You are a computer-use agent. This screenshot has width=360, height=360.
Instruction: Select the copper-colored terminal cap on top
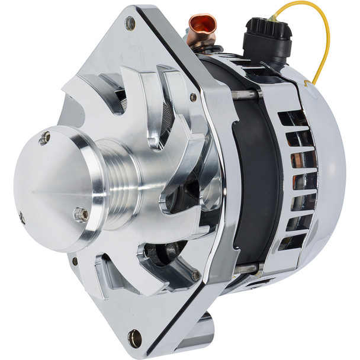tap(202, 27)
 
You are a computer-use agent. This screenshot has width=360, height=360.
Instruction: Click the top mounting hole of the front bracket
tap(130, 24)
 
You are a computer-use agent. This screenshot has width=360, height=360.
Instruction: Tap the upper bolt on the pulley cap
tap(44, 139)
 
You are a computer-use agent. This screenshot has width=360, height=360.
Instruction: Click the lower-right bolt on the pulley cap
tap(82, 215)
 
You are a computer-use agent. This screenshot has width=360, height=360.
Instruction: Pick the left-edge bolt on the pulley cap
tap(22, 217)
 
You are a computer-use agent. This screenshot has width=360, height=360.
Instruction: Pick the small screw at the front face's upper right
tap(193, 97)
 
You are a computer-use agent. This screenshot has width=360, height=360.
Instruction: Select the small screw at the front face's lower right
tap(195, 275)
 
